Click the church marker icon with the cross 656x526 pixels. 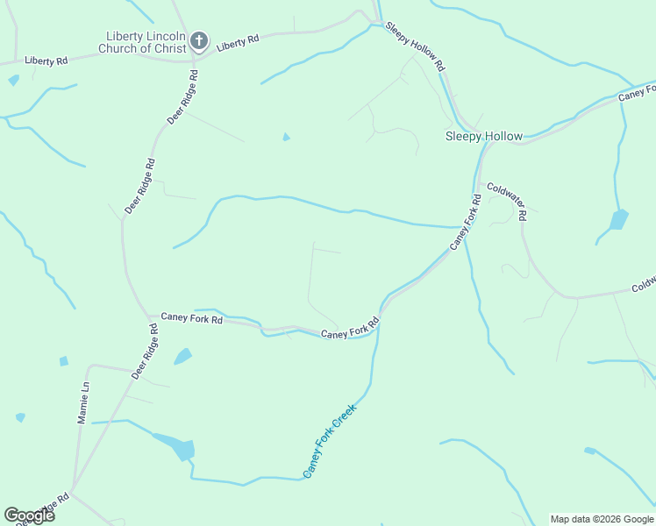[x=199, y=40]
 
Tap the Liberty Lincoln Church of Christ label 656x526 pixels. [x=144, y=42]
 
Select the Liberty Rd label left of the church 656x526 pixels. [x=46, y=60]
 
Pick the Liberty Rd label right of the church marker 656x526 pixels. [x=239, y=41]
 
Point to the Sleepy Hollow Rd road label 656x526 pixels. [x=416, y=47]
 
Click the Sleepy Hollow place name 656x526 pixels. [x=483, y=136]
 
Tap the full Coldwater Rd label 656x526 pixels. [x=507, y=201]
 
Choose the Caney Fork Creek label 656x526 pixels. [x=330, y=441]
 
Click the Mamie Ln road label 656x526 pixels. [x=83, y=402]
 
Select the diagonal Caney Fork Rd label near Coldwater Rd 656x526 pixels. [x=466, y=223]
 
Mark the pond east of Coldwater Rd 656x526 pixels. [x=619, y=219]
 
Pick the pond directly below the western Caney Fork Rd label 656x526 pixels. [x=183, y=356]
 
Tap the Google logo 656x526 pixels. [x=29, y=515]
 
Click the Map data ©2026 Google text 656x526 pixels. [x=602, y=519]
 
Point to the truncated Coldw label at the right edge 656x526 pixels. [x=643, y=285]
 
